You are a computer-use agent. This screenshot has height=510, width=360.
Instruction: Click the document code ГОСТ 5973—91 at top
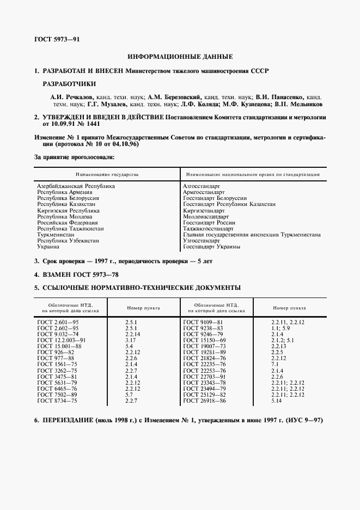tap(57, 40)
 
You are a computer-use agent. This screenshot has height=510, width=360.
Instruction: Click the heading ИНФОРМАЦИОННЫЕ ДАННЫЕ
tap(180, 57)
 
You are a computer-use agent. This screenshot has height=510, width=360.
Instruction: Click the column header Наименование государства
tap(107, 174)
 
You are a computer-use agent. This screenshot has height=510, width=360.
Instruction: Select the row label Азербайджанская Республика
tap(76, 186)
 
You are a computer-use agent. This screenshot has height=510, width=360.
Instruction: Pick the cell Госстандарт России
tap(209, 222)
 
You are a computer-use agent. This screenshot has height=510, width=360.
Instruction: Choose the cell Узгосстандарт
tap(202, 240)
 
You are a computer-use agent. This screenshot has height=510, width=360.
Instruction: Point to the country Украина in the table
tap(49, 246)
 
